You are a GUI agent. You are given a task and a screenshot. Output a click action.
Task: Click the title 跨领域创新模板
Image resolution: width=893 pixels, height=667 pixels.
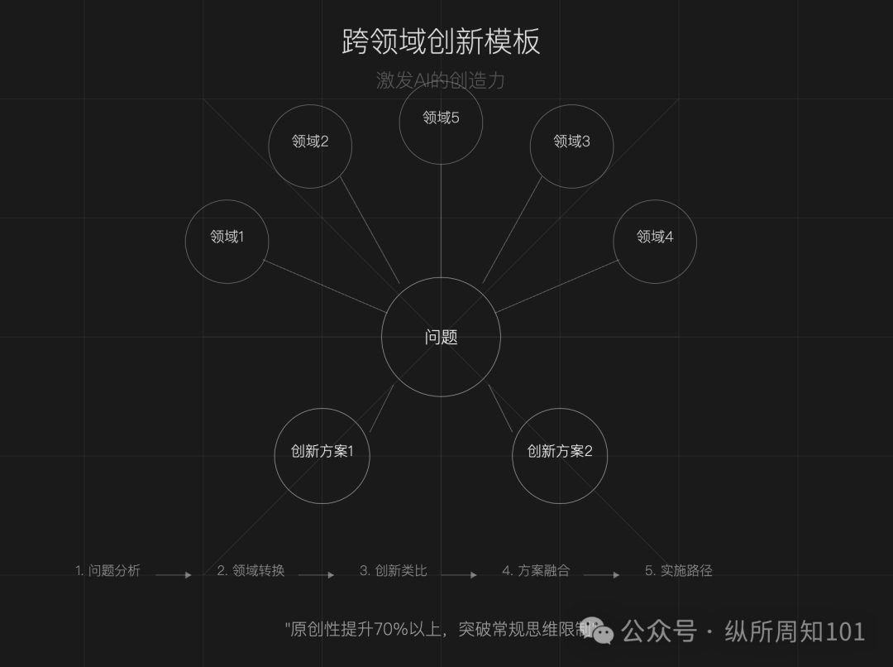(441, 41)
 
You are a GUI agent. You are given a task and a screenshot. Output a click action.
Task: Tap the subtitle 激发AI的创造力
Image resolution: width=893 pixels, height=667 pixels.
(440, 80)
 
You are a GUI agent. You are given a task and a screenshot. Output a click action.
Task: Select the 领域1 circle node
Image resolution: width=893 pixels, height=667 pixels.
(227, 241)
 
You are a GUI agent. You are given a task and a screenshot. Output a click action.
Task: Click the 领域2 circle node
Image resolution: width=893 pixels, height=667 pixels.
(310, 146)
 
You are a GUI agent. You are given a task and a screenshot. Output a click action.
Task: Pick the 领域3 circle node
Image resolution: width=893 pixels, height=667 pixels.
(571, 146)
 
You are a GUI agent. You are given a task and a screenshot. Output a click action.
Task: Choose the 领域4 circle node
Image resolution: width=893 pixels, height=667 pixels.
(655, 241)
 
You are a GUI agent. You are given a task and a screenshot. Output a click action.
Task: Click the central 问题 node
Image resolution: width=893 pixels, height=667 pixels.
(441, 337)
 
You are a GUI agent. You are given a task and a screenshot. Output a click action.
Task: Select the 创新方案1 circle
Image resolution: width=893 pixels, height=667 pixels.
(322, 455)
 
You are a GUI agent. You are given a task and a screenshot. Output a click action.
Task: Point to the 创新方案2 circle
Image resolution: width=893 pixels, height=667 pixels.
(560, 455)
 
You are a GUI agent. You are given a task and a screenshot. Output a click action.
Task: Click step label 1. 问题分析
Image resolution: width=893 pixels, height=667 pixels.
(107, 570)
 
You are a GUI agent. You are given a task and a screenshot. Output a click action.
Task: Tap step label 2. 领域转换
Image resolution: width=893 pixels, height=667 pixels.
(251, 570)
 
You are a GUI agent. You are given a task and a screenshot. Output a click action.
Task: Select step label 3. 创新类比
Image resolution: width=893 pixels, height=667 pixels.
(393, 570)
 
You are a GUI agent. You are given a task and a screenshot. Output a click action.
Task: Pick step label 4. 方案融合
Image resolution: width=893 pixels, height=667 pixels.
(536, 570)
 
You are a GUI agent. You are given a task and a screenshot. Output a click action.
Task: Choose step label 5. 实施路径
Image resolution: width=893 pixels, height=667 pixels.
(678, 570)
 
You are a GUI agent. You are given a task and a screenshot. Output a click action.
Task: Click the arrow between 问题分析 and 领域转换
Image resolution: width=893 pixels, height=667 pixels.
(174, 574)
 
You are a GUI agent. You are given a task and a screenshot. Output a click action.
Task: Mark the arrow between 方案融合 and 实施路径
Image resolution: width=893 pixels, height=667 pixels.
(601, 574)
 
